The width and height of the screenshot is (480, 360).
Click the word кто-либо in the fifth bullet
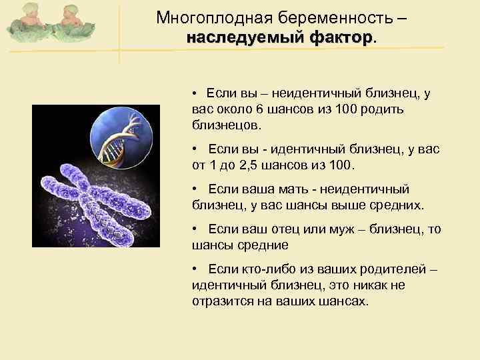click(262, 269)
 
